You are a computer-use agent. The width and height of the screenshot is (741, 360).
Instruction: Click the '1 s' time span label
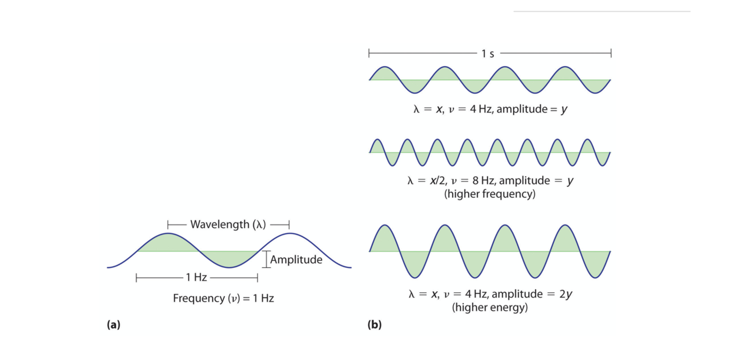pos(488,53)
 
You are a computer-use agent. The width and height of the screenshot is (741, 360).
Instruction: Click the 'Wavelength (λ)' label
pos(228,224)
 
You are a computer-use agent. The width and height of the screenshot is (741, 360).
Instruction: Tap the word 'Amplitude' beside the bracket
pos(296,259)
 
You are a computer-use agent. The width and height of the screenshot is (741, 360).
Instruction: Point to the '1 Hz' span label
pos(197,277)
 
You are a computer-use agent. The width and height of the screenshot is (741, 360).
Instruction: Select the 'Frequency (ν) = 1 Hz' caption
pos(223,298)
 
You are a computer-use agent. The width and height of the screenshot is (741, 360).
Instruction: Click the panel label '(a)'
pos(113,325)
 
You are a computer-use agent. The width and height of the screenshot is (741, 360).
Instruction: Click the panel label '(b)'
pos(374,325)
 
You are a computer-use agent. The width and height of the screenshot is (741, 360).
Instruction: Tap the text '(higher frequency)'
pos(490,194)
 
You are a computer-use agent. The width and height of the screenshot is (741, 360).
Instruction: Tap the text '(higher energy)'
pos(490,307)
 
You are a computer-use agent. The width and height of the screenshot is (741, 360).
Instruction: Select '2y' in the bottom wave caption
pos(566,294)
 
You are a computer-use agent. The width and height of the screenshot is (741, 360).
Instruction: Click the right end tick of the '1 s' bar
pos(610,53)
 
